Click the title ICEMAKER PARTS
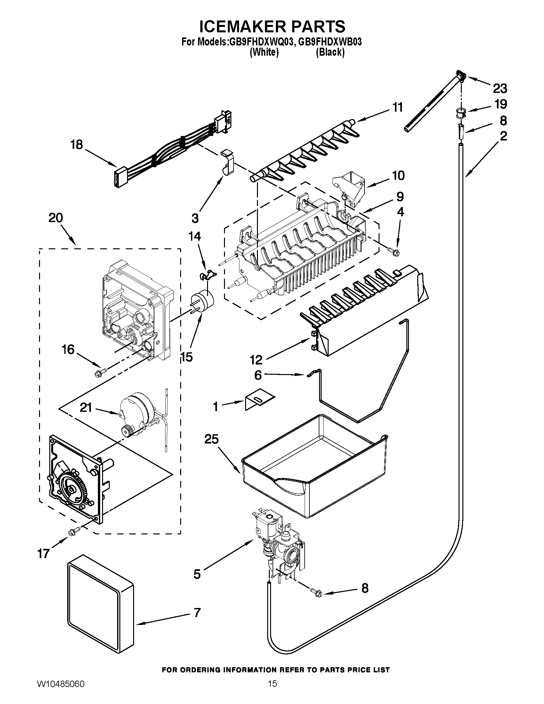click(x=272, y=27)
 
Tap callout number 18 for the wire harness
click(x=77, y=145)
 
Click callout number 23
click(x=500, y=88)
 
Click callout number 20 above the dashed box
click(x=56, y=218)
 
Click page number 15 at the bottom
click(x=272, y=691)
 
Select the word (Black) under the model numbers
click(x=330, y=52)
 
